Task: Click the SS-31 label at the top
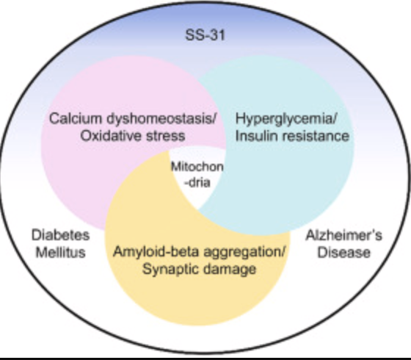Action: point(204,36)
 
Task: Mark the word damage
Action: point(234,270)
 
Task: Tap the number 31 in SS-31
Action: point(216,36)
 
